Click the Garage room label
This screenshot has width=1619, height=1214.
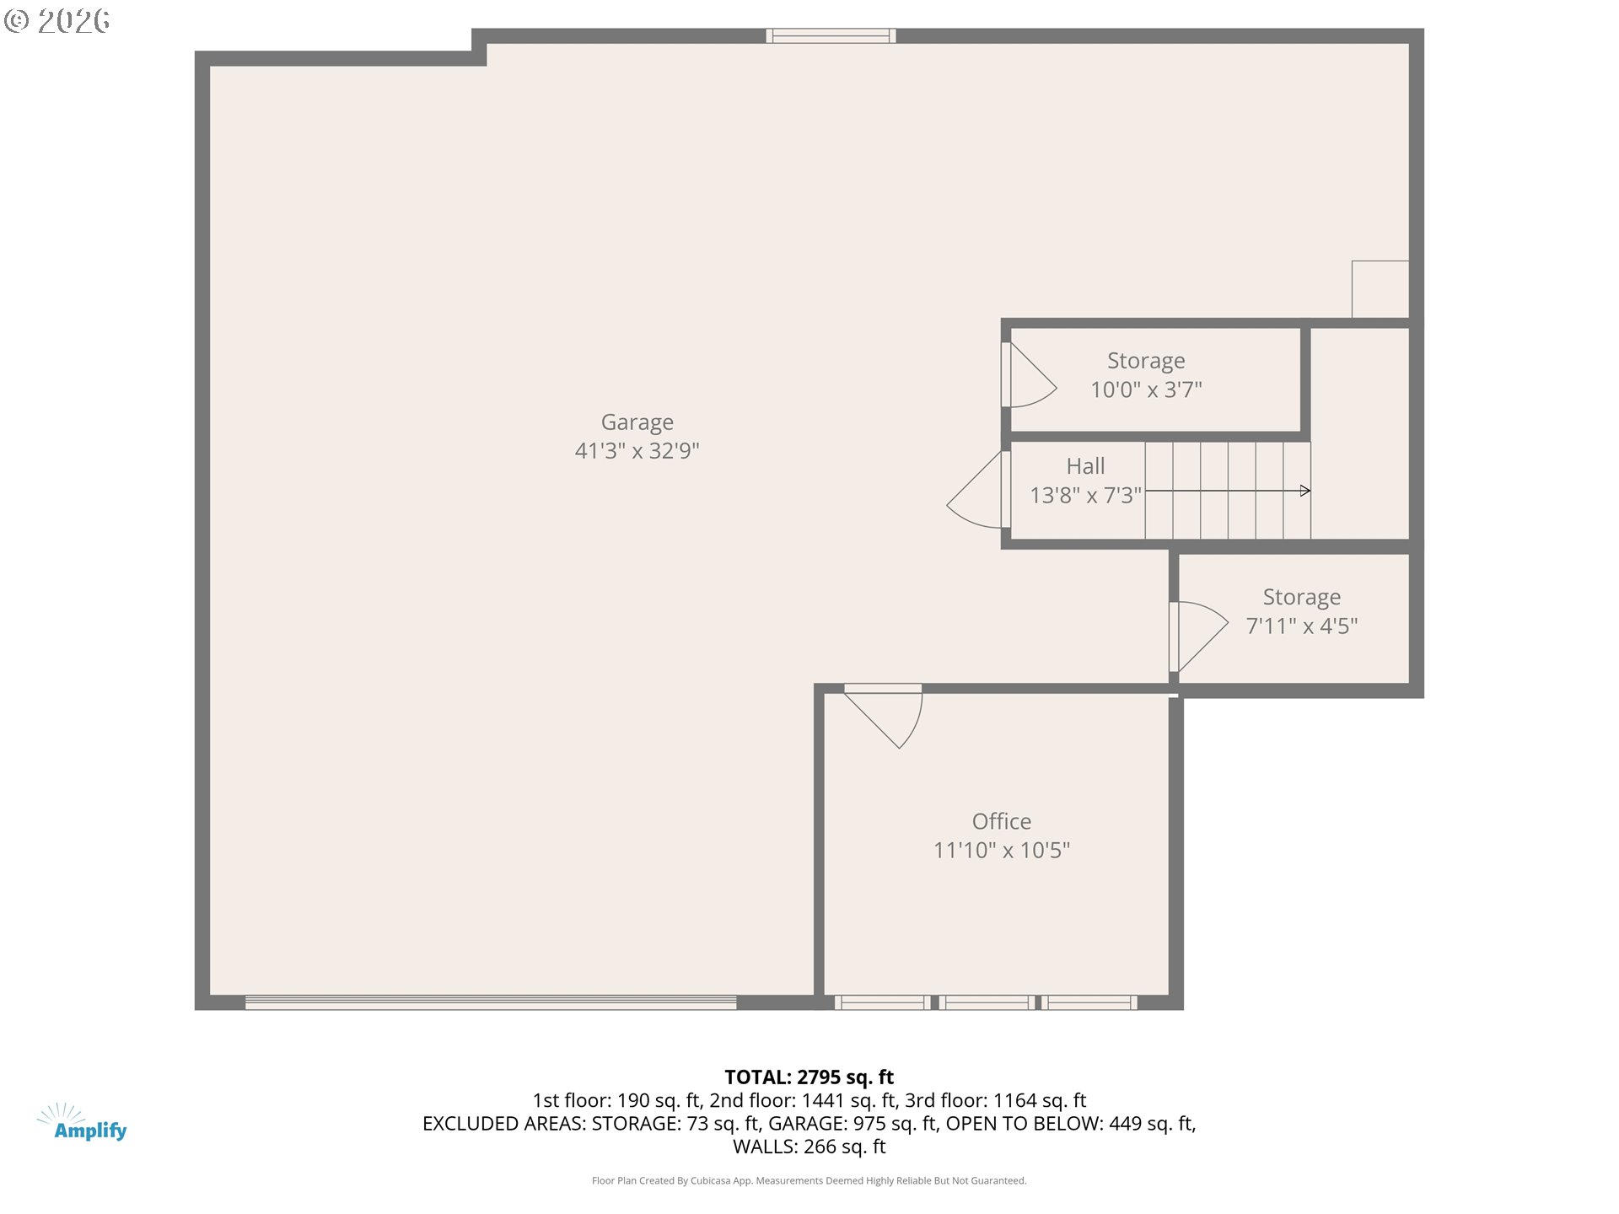637,422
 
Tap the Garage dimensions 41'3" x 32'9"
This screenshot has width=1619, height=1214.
637,451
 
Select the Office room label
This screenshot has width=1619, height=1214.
1001,821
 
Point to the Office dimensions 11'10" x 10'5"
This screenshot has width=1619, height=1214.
1001,850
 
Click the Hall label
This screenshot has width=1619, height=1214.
1085,466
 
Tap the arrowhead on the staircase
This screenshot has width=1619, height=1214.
1305,491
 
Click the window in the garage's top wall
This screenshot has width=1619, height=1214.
831,35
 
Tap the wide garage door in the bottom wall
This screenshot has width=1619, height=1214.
491,1002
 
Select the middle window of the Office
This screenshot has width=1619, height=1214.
987,1002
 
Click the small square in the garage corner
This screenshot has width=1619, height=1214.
1380,289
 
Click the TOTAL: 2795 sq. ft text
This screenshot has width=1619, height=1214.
809,1077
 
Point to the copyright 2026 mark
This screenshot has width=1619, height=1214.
57,20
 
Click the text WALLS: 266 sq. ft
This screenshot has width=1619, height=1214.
809,1147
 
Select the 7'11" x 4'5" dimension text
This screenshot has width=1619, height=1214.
1301,626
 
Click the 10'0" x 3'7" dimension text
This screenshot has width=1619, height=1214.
1146,389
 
